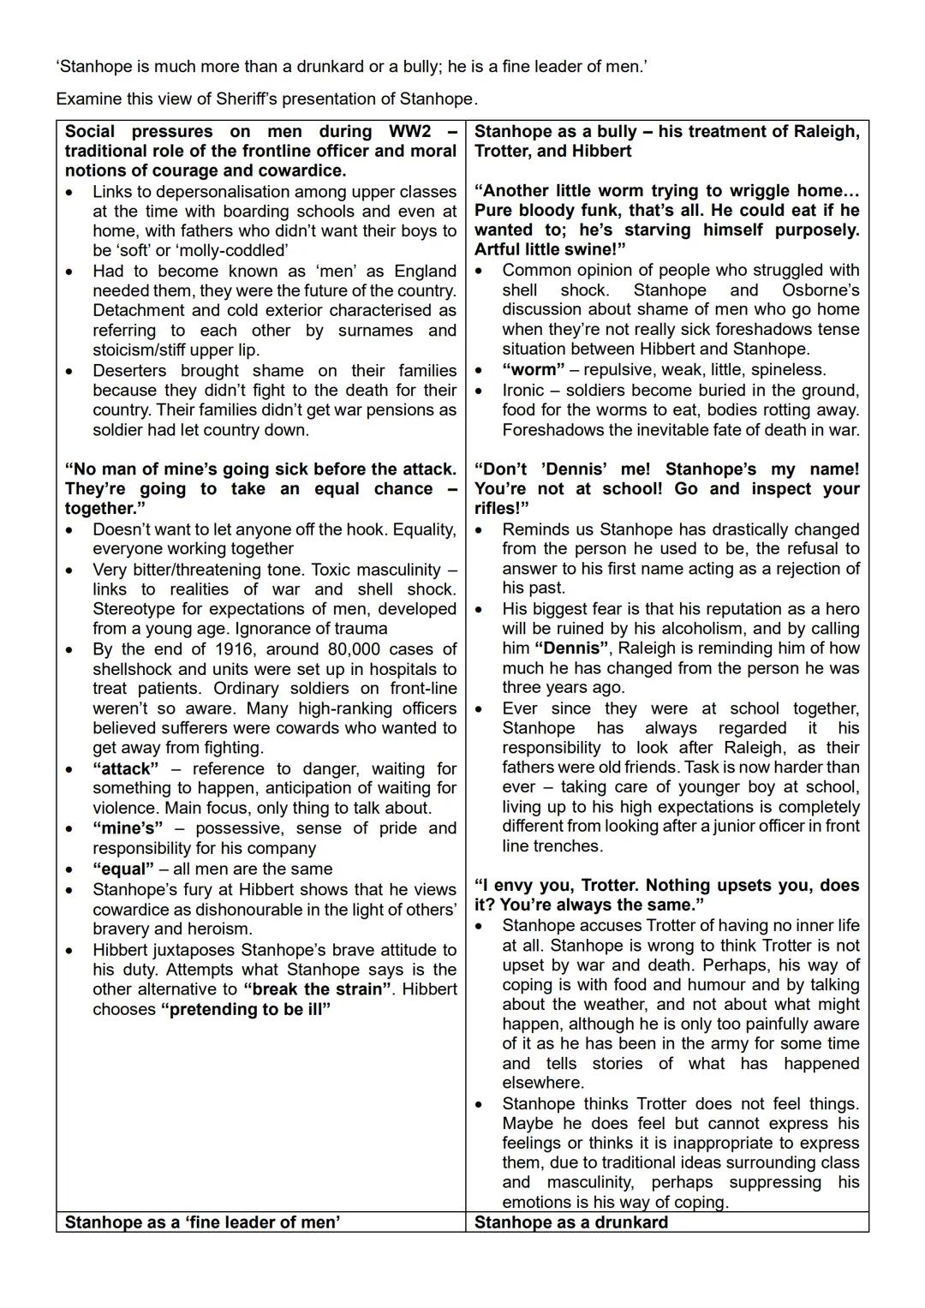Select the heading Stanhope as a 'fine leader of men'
click(202, 1222)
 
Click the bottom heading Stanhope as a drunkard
click(571, 1222)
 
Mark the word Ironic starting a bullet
click(523, 391)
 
